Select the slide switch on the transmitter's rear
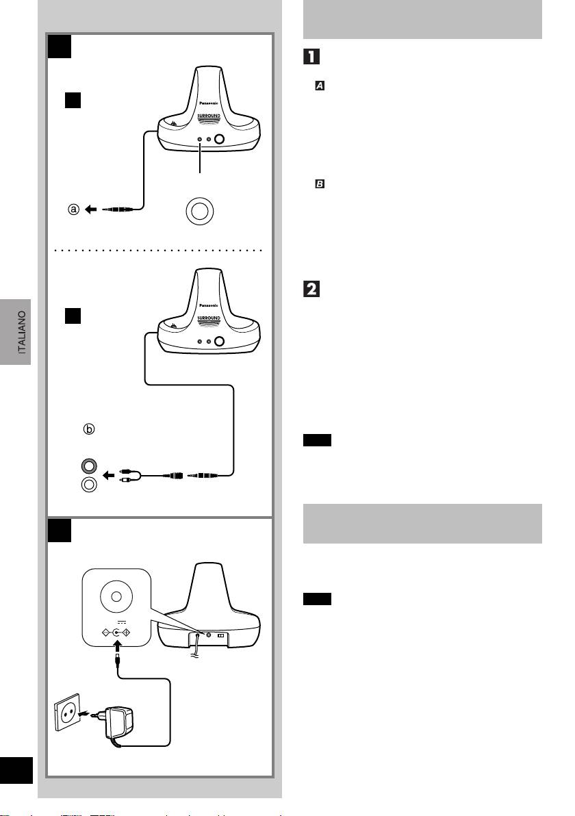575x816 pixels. coord(220,635)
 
